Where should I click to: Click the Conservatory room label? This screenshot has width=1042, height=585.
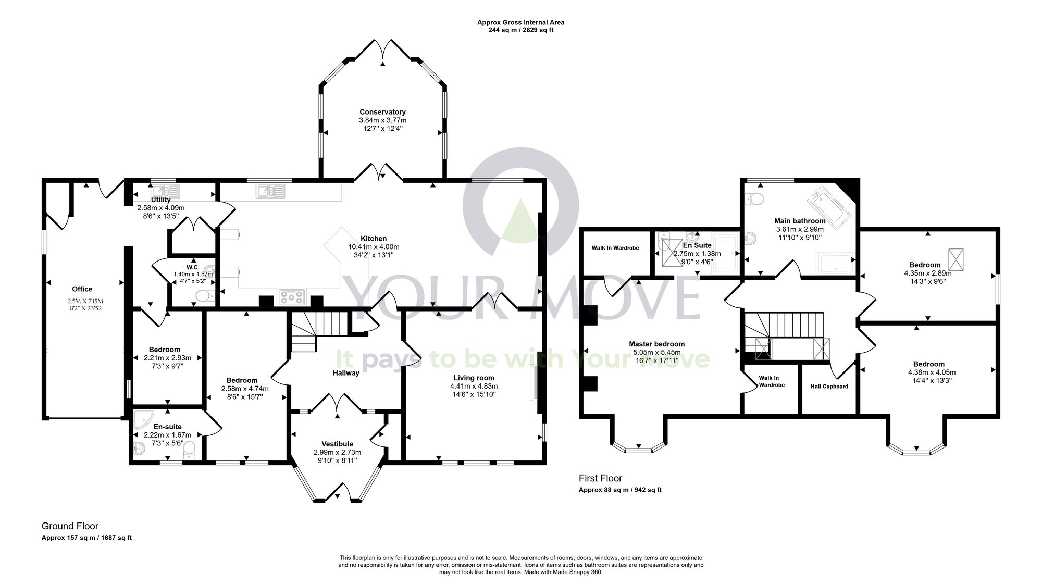(x=382, y=112)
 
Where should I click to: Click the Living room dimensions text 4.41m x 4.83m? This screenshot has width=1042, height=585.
(x=474, y=386)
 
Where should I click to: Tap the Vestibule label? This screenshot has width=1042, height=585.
(x=337, y=444)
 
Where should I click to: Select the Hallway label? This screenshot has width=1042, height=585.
(x=346, y=373)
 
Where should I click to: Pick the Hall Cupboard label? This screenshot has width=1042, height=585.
(x=829, y=387)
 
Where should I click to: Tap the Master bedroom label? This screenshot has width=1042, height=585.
(x=656, y=344)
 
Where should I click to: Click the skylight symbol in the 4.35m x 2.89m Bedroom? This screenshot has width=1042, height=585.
(x=956, y=259)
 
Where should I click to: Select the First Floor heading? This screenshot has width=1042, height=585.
(x=600, y=478)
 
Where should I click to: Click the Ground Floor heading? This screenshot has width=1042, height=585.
(x=70, y=526)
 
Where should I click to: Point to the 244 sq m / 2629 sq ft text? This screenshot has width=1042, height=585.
(x=520, y=30)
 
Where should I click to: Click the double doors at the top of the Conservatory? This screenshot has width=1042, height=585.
(x=383, y=49)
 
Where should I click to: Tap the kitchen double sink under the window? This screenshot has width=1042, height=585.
(x=270, y=192)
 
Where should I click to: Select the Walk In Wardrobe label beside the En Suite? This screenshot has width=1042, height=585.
(x=615, y=248)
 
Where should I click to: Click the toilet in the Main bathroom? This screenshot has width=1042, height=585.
(x=753, y=198)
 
